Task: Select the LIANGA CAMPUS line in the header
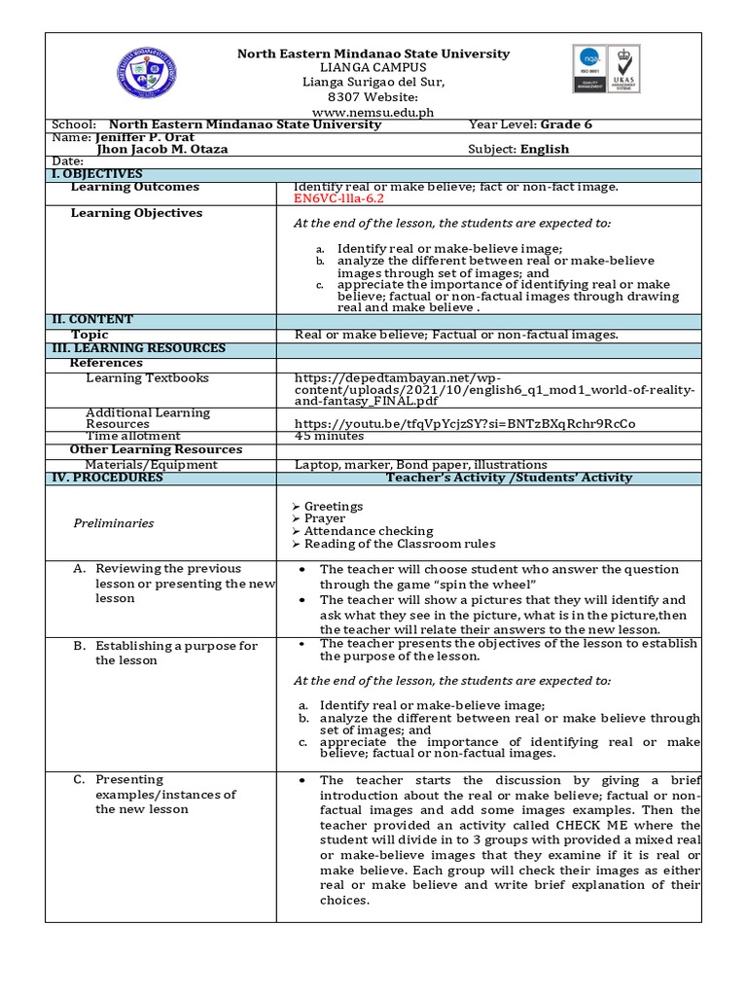pyautogui.click(x=373, y=68)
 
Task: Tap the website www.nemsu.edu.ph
pyautogui.click(x=373, y=112)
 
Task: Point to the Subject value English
pyautogui.click(x=545, y=149)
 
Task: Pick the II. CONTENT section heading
pyautogui.click(x=92, y=319)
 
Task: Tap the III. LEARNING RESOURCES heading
pyautogui.click(x=138, y=347)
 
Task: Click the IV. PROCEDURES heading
pyautogui.click(x=107, y=478)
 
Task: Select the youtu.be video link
pyautogui.click(x=465, y=424)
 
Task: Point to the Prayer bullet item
pyautogui.click(x=324, y=518)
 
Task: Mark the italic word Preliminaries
pyautogui.click(x=114, y=523)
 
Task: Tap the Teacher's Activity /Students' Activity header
pyautogui.click(x=509, y=478)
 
